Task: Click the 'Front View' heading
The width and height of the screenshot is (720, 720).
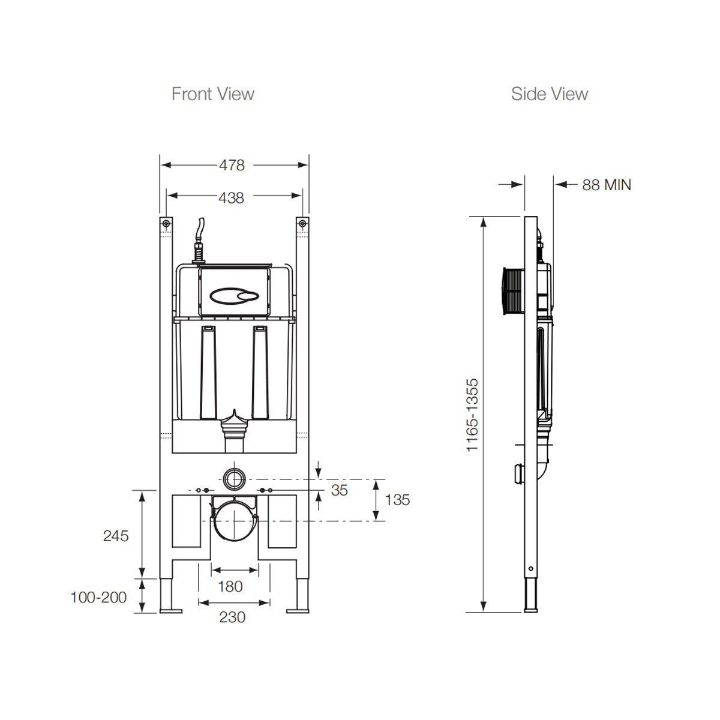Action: point(212,94)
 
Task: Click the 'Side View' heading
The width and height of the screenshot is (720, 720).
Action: point(549,94)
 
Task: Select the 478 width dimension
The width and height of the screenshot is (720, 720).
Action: point(232,165)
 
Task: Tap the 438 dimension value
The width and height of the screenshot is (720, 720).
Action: point(232,197)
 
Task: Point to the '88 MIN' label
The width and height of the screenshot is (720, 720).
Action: point(606,185)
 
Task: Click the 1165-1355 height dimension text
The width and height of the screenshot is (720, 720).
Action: point(473,415)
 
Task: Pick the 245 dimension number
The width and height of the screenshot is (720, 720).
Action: point(116,536)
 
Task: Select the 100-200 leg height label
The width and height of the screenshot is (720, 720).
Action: point(98,598)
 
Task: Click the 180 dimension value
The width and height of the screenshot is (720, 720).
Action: point(230,586)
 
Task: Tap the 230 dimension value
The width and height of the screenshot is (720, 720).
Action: point(232,617)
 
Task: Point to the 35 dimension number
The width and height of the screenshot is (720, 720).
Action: point(340,490)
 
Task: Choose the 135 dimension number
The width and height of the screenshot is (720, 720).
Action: point(397,500)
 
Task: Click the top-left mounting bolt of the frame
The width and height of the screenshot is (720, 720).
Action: point(165,224)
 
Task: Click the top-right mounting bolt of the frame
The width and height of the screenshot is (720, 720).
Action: point(302,224)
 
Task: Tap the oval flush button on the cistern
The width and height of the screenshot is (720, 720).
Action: point(233,295)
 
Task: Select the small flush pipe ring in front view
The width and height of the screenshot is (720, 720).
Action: point(234,479)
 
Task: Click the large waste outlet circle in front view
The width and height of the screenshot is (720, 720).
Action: point(234,520)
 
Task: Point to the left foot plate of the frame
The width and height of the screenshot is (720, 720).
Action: point(170,611)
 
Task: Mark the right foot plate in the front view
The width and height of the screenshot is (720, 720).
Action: point(298,611)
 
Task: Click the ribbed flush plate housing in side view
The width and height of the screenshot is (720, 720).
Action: point(512,290)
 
